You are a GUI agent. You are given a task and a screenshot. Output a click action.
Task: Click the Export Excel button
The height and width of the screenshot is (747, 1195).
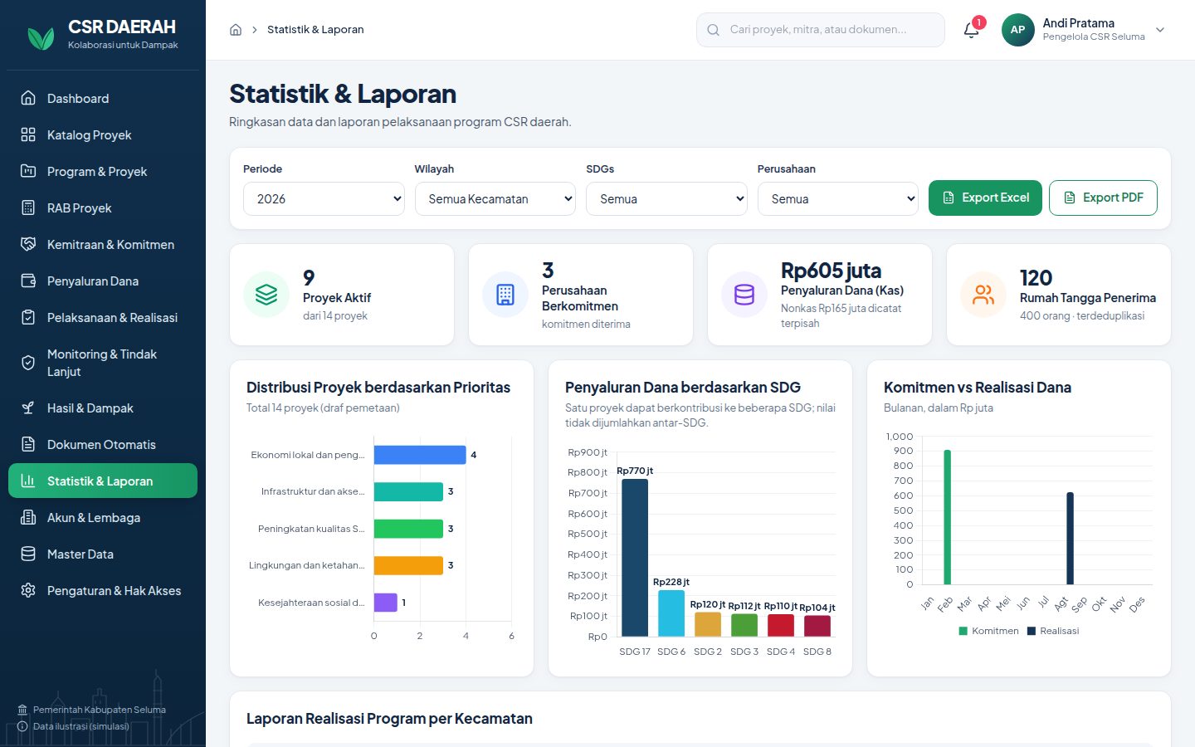point(985,198)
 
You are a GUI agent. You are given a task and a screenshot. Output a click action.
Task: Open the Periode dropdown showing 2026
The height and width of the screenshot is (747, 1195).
point(324,199)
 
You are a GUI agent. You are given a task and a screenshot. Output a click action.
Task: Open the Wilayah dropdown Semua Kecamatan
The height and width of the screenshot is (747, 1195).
point(495,199)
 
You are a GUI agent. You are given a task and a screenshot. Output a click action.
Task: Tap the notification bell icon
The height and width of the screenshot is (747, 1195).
point(971,30)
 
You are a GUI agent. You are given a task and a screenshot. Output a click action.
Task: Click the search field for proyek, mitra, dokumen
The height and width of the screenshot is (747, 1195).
point(821,30)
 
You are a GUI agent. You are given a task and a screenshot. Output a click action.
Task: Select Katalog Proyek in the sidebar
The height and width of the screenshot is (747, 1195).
point(89,135)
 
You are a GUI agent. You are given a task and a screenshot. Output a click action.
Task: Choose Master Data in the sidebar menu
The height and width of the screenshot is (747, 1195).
point(80,554)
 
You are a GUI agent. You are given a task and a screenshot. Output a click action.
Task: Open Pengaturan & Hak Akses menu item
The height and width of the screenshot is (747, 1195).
point(114,591)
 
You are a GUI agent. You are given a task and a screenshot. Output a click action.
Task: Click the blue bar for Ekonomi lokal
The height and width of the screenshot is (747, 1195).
point(420,455)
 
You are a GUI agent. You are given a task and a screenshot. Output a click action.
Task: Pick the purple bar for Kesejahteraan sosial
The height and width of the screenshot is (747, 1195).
point(385,603)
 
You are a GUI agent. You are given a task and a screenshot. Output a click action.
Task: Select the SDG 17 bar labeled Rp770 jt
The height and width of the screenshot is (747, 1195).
point(635,558)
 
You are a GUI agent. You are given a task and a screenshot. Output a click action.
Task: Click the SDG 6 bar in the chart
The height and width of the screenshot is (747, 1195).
point(671,613)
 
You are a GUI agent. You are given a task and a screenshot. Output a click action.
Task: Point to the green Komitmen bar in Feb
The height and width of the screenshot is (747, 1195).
point(948,517)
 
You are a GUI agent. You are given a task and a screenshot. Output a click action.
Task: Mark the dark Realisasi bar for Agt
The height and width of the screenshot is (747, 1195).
point(1071,539)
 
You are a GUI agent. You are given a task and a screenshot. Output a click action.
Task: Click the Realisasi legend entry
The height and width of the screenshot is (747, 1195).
point(1053,631)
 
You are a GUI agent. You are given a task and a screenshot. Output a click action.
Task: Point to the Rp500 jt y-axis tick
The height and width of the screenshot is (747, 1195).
point(588,535)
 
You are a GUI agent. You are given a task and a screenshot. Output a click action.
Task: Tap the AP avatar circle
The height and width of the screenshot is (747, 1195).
point(1018,30)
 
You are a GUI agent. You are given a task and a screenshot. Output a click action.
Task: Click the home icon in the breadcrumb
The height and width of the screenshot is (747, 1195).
point(236,30)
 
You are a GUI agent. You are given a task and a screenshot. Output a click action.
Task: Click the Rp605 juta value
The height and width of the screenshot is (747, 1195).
point(832,271)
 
